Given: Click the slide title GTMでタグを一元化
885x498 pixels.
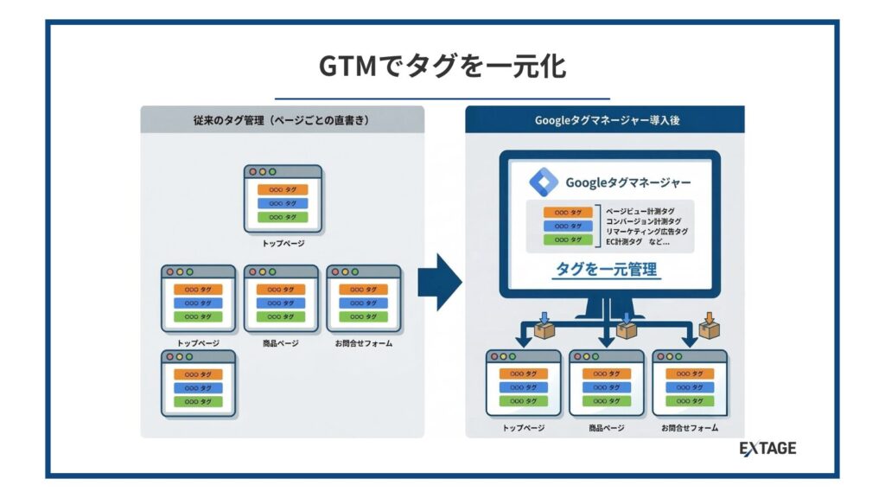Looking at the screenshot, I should pyautogui.click(x=442, y=67).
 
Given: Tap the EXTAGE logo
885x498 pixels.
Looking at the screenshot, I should pyautogui.click(x=767, y=448).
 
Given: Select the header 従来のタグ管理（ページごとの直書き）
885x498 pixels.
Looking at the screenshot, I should pyautogui.click(x=282, y=120).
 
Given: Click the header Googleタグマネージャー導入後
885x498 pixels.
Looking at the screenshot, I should pyautogui.click(x=606, y=120).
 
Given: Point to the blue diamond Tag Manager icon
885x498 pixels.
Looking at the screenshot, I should pyautogui.click(x=544, y=182).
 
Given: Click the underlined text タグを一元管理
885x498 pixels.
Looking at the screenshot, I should pyautogui.click(x=606, y=270).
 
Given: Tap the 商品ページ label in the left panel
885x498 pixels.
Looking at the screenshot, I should pyautogui.click(x=280, y=343).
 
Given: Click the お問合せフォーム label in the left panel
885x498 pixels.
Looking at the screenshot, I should pyautogui.click(x=363, y=343).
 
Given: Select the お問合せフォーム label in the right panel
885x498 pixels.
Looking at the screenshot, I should pyautogui.click(x=689, y=428).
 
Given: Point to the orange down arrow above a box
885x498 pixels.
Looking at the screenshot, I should pyautogui.click(x=710, y=317).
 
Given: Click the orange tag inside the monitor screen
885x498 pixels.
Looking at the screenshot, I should pyautogui.click(x=567, y=212).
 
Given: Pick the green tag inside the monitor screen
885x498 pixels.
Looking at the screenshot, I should pyautogui.click(x=567, y=239).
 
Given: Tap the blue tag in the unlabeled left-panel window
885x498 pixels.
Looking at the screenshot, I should pyautogui.click(x=198, y=387).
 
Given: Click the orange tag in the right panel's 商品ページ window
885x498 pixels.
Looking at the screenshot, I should pyautogui.click(x=606, y=373).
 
